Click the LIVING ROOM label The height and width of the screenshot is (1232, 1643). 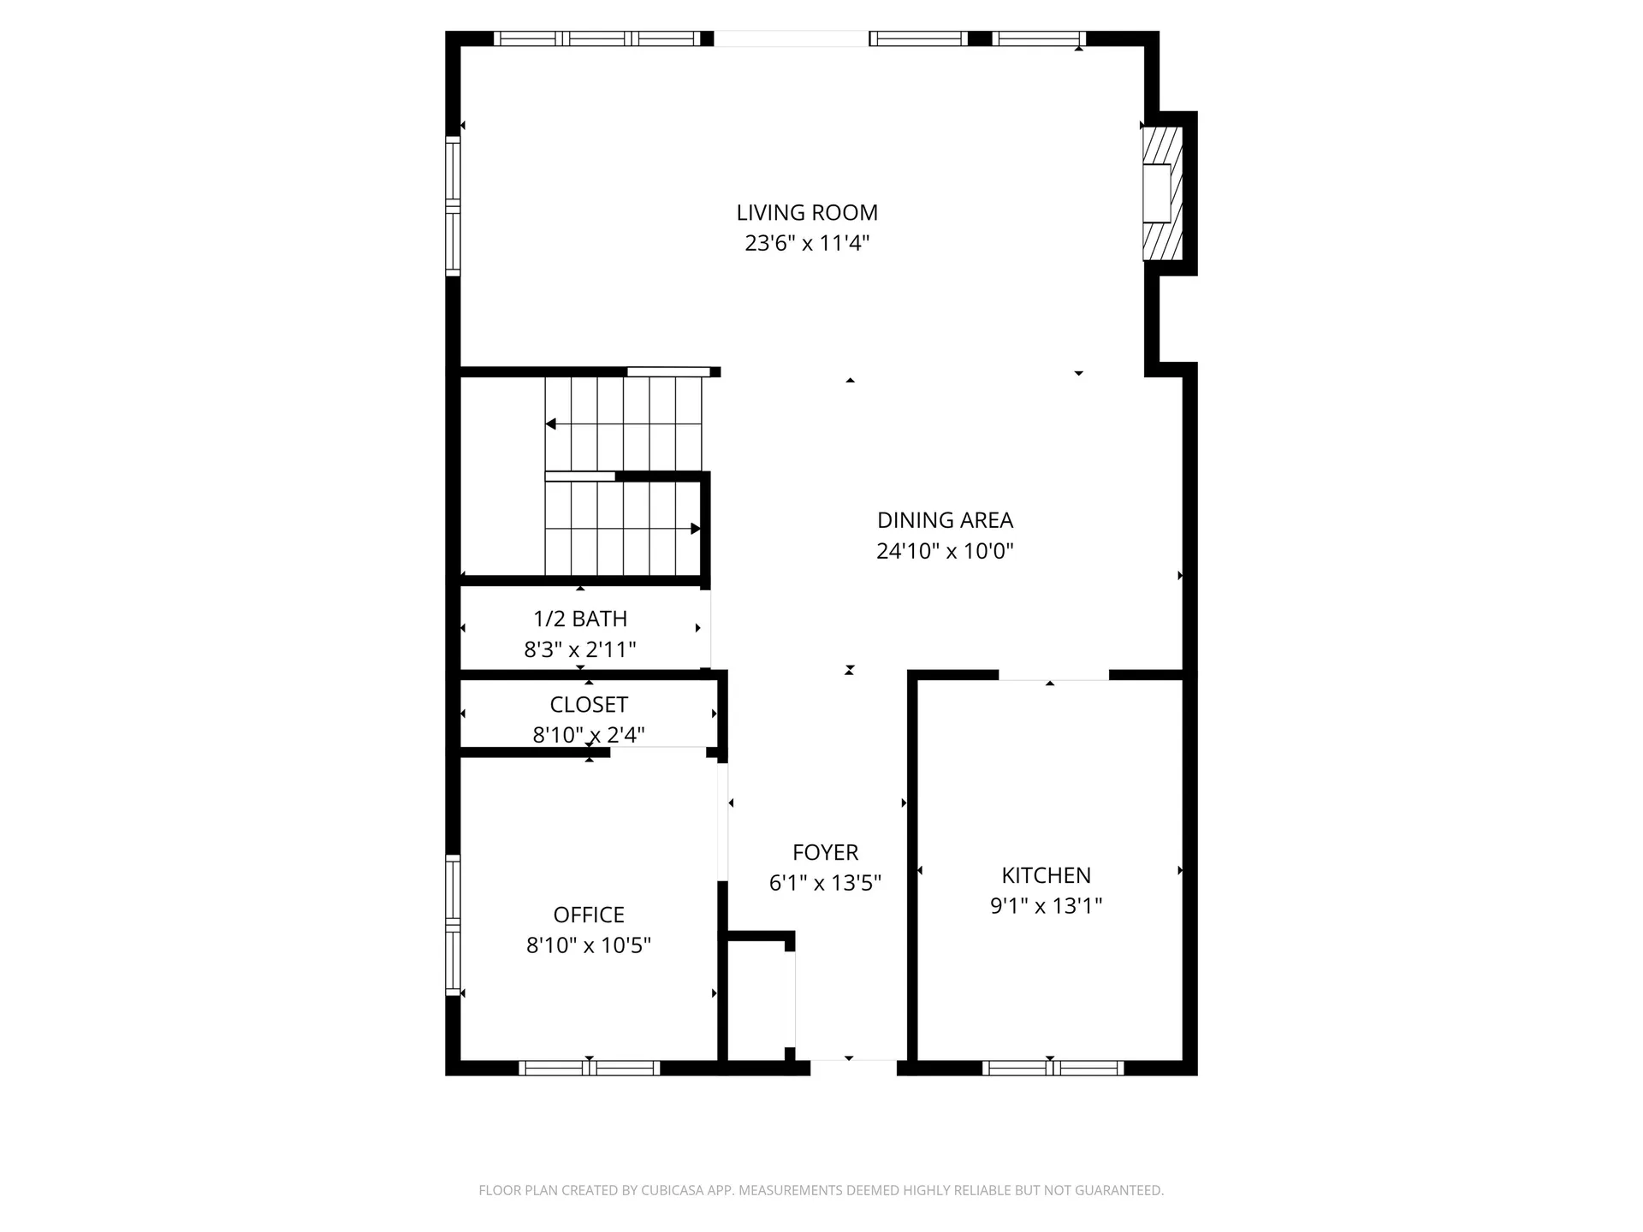[x=807, y=212]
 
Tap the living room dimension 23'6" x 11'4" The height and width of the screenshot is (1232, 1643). [x=807, y=243]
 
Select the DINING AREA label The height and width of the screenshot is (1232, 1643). [x=945, y=520]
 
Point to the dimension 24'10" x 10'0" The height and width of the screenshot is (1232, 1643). [x=945, y=551]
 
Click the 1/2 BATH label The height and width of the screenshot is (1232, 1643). [x=580, y=619]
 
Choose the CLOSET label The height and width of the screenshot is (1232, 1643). [x=589, y=704]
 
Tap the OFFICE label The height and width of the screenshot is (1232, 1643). [x=589, y=915]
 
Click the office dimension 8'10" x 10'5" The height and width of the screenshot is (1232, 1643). [x=589, y=945]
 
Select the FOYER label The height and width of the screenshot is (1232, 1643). [x=825, y=852]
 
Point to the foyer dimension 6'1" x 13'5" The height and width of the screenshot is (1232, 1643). [x=825, y=883]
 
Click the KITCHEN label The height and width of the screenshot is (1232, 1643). [x=1046, y=875]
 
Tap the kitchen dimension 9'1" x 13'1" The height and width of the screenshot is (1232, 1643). [x=1046, y=905]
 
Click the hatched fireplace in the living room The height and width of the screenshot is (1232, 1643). [x=1162, y=193]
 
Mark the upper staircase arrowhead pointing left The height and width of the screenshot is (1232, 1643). [x=551, y=424]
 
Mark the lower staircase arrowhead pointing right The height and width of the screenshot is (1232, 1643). [x=696, y=529]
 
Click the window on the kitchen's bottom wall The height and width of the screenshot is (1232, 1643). [x=1053, y=1068]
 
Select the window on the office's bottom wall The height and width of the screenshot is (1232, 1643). [x=589, y=1068]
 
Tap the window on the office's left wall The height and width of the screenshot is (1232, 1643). [x=453, y=925]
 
